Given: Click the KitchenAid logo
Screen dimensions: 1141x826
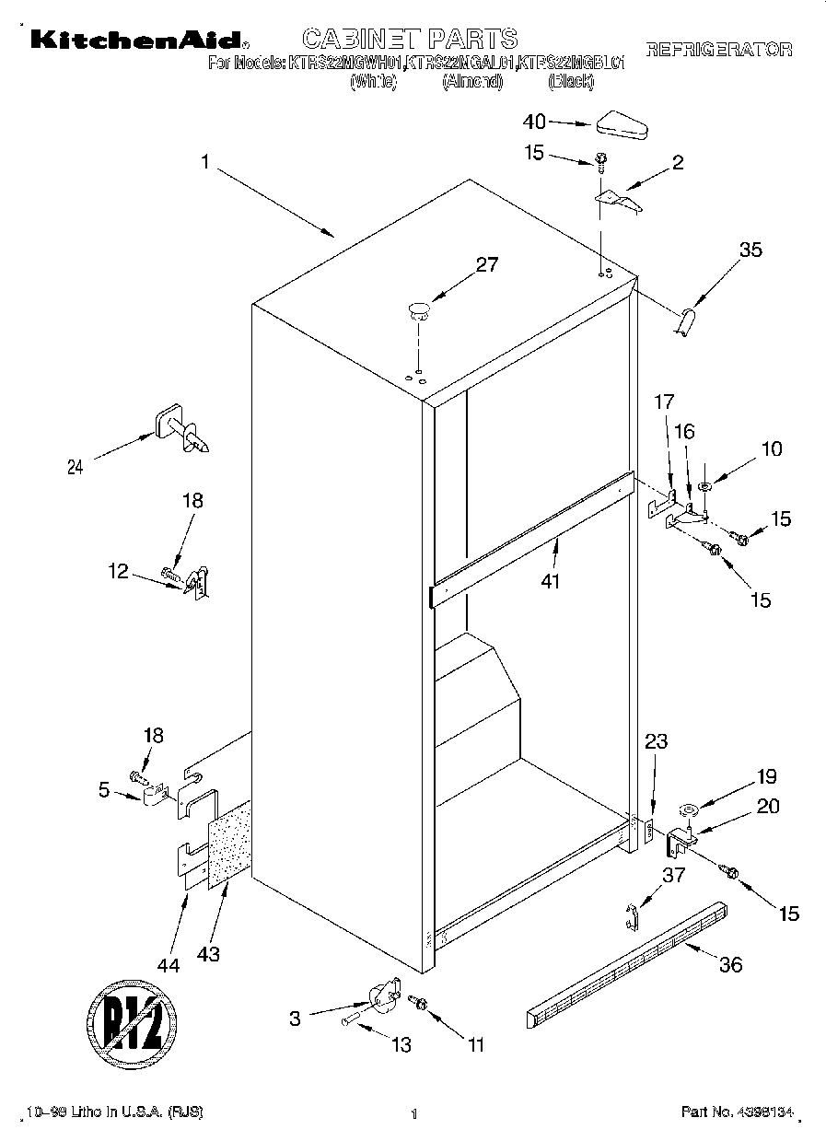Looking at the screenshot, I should (137, 40).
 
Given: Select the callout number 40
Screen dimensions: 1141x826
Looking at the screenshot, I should (534, 121).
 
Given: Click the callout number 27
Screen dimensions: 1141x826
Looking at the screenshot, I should (486, 264).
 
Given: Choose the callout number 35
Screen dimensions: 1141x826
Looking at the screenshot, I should (750, 249).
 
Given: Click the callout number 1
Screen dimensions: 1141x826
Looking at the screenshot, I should (206, 161).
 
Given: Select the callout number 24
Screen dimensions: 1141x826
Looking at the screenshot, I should (76, 467).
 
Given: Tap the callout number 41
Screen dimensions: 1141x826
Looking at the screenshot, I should (551, 582).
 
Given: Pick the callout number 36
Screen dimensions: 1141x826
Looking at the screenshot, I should (730, 964).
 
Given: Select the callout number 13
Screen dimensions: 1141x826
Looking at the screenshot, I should (401, 1045).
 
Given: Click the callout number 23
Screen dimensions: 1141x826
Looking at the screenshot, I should (657, 741).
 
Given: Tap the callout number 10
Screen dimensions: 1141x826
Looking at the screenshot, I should (771, 448).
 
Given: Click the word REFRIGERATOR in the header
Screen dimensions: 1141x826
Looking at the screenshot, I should (719, 50).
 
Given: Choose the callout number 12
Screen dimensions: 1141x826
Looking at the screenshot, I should (118, 571).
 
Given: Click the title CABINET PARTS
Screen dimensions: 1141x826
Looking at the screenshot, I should (410, 39).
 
